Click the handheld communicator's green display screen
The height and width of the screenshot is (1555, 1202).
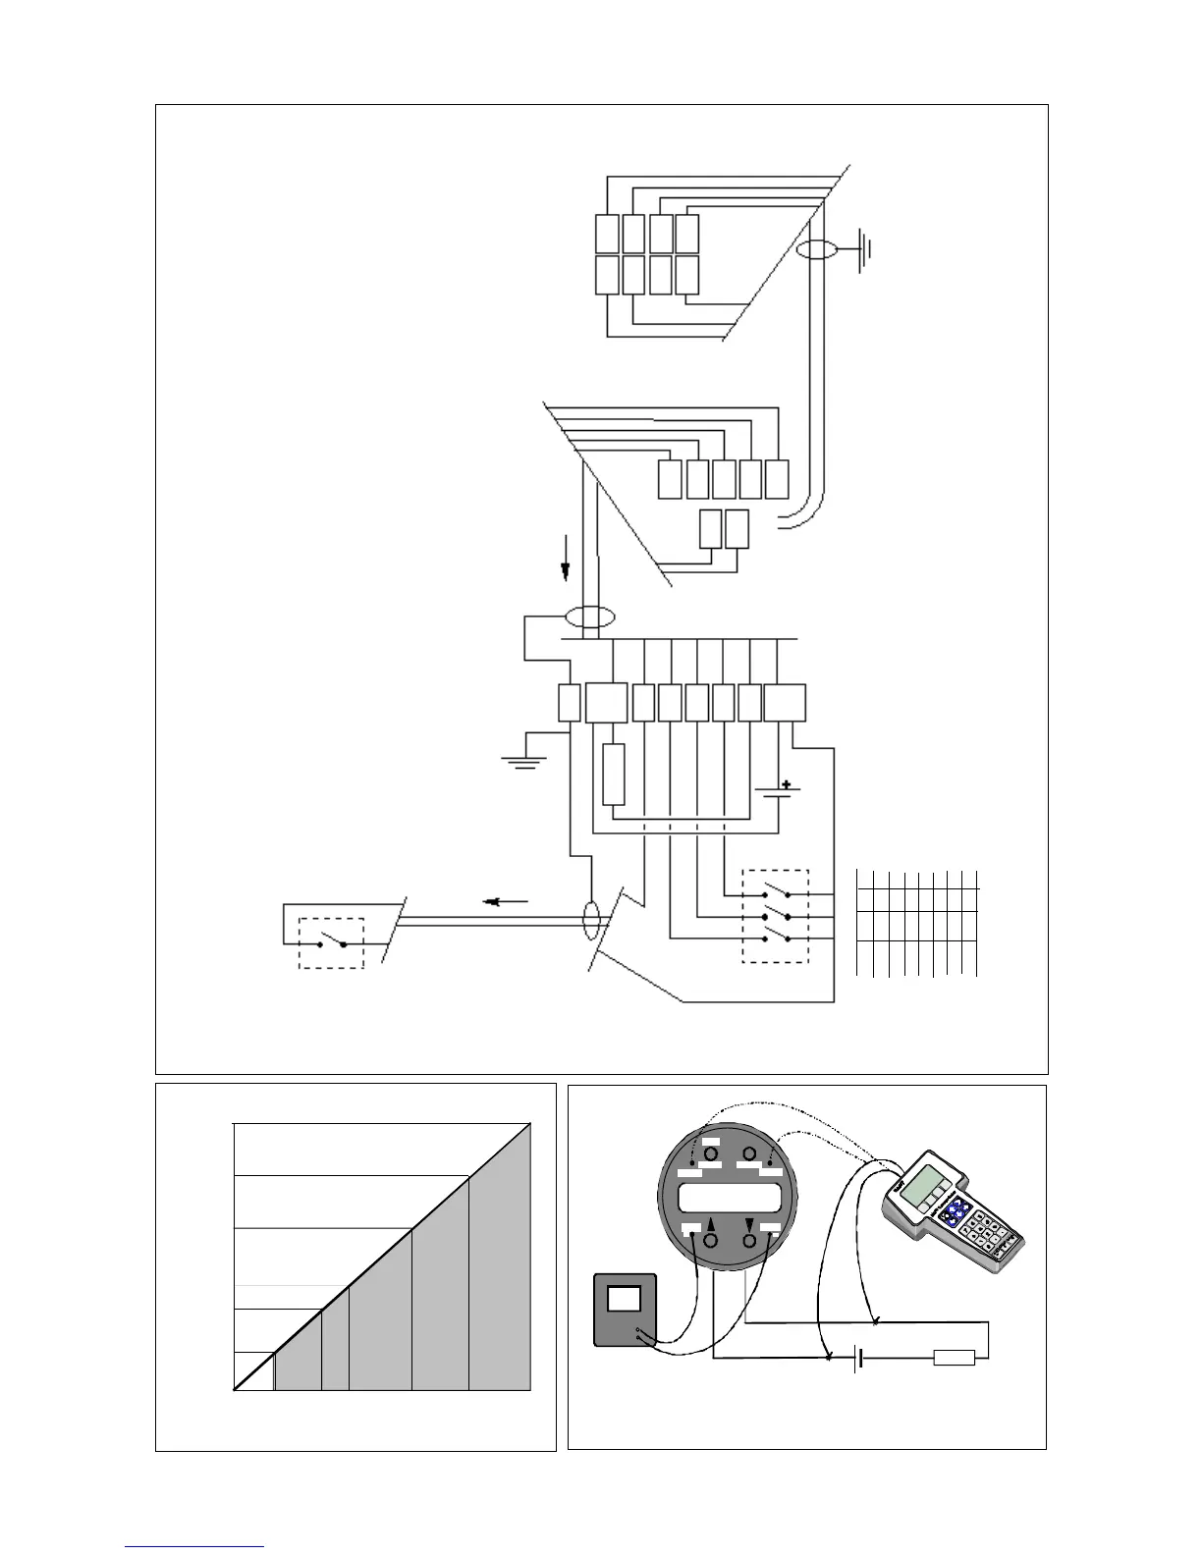pos(922,1189)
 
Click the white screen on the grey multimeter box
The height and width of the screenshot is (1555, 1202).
pos(624,1298)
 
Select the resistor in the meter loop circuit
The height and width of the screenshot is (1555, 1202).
pos(954,1358)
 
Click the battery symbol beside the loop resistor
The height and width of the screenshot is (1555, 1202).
pos(858,1360)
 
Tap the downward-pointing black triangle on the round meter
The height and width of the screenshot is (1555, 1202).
pos(749,1222)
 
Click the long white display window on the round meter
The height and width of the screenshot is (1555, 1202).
pos(728,1199)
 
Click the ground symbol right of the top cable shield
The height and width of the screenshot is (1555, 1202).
pos(863,249)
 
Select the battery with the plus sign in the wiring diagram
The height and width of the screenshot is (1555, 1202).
pos(778,789)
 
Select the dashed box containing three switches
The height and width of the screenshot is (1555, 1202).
pos(775,917)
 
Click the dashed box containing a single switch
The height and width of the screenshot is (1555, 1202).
pos(331,943)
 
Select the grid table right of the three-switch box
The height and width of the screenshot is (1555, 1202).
pos(917,923)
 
